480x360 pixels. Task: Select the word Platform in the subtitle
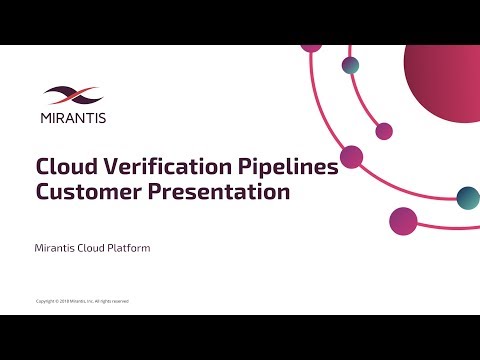tap(127, 246)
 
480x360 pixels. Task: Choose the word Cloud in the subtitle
tap(92, 246)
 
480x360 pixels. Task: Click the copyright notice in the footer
tap(82, 301)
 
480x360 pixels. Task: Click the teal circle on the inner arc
tap(351, 65)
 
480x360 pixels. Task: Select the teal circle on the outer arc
tap(467, 196)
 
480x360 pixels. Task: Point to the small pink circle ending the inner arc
tap(384, 131)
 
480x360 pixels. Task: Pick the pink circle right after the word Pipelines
tap(351, 156)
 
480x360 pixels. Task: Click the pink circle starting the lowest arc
tap(402, 220)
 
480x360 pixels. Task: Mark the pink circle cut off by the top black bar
tap(311, 47)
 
